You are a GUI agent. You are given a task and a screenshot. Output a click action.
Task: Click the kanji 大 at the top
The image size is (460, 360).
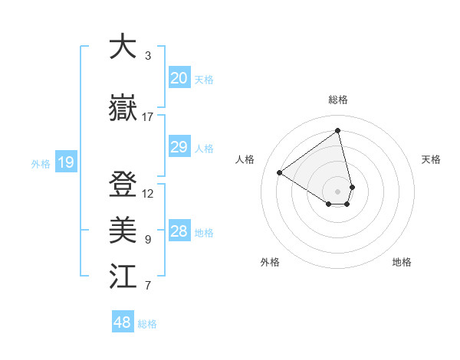pyautogui.click(x=123, y=47)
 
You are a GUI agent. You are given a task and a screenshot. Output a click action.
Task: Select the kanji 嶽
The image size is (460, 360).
pyautogui.click(x=123, y=108)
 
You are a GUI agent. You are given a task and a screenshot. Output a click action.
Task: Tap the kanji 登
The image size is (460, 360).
pyautogui.click(x=123, y=185)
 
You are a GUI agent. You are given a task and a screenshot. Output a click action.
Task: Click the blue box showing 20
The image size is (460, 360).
pyautogui.click(x=179, y=78)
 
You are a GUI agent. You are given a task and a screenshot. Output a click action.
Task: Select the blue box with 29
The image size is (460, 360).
pyautogui.click(x=179, y=147)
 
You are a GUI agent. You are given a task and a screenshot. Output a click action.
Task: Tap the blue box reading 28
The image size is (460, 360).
pyautogui.click(x=179, y=231)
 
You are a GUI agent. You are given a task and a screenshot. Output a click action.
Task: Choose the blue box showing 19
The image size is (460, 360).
pyautogui.click(x=65, y=162)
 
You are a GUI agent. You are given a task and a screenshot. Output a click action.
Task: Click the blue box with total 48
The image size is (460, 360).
pyautogui.click(x=123, y=322)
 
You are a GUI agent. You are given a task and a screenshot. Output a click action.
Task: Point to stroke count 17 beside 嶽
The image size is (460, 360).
pyautogui.click(x=148, y=116)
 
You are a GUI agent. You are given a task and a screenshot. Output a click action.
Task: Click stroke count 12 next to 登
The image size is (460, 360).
pyautogui.click(x=148, y=194)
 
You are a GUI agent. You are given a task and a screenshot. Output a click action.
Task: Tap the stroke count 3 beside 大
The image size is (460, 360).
pyautogui.click(x=148, y=56)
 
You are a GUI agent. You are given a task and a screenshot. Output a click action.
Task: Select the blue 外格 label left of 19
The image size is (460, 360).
pyautogui.click(x=40, y=163)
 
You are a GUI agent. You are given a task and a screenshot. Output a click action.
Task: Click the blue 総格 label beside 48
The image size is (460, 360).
pyautogui.click(x=147, y=324)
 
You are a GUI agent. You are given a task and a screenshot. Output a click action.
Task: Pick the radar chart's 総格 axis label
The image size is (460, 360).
pyautogui.click(x=338, y=100)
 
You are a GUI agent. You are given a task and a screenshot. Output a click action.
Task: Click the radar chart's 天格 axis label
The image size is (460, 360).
pyautogui.click(x=431, y=159)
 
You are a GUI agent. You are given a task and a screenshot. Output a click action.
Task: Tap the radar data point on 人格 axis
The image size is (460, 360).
pyautogui.click(x=279, y=172)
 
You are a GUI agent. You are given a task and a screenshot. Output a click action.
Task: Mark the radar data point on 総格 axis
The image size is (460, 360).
pyautogui.click(x=338, y=131)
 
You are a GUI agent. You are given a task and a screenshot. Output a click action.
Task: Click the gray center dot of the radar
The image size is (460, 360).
pyautogui.click(x=338, y=191)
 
